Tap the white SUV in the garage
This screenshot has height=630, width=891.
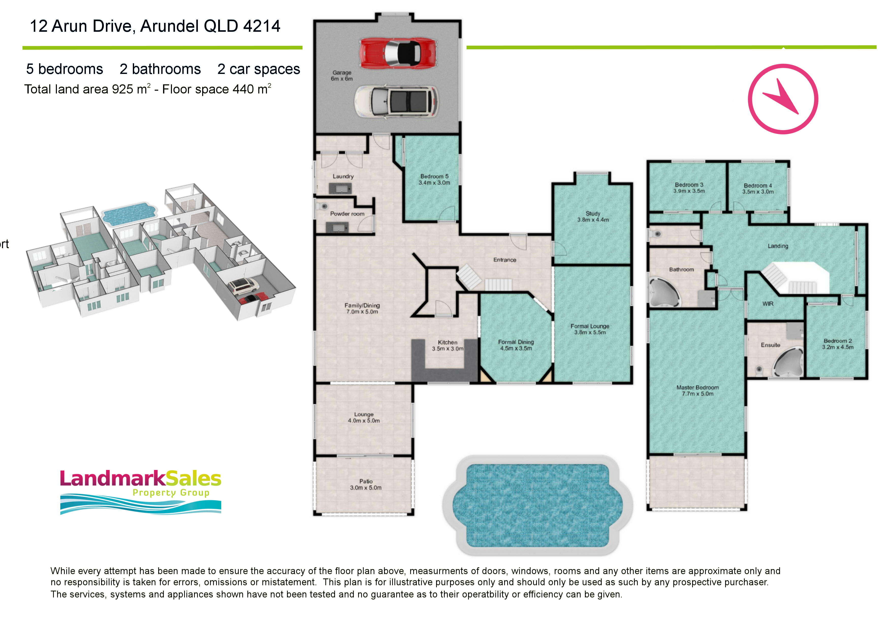pyautogui.click(x=396, y=101)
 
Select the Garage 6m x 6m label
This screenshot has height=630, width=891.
pyautogui.click(x=342, y=76)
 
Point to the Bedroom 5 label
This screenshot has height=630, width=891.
pyautogui.click(x=434, y=179)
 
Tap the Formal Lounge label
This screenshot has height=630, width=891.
pyautogui.click(x=590, y=329)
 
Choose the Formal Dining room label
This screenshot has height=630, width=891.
pyautogui.click(x=516, y=345)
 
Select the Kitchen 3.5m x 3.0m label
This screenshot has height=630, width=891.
pyautogui.click(x=448, y=345)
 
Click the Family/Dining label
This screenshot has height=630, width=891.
pyautogui.click(x=362, y=309)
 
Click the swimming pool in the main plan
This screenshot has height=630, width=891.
pyautogui.click(x=537, y=506)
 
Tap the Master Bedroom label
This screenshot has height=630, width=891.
pyautogui.click(x=697, y=390)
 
